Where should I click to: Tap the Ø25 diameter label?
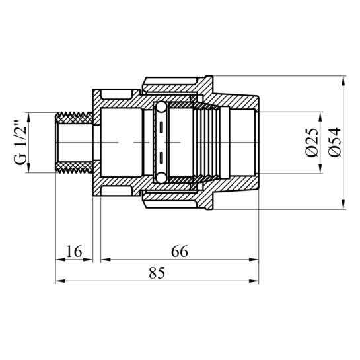pos(312,143)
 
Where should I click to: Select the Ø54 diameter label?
pos(335,142)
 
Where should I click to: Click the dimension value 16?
pos(74,251)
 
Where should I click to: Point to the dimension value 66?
pos(179,251)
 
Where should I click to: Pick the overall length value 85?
pos(157,273)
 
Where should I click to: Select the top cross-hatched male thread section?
pos(74,118)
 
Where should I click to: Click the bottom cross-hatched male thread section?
pos(74,167)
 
